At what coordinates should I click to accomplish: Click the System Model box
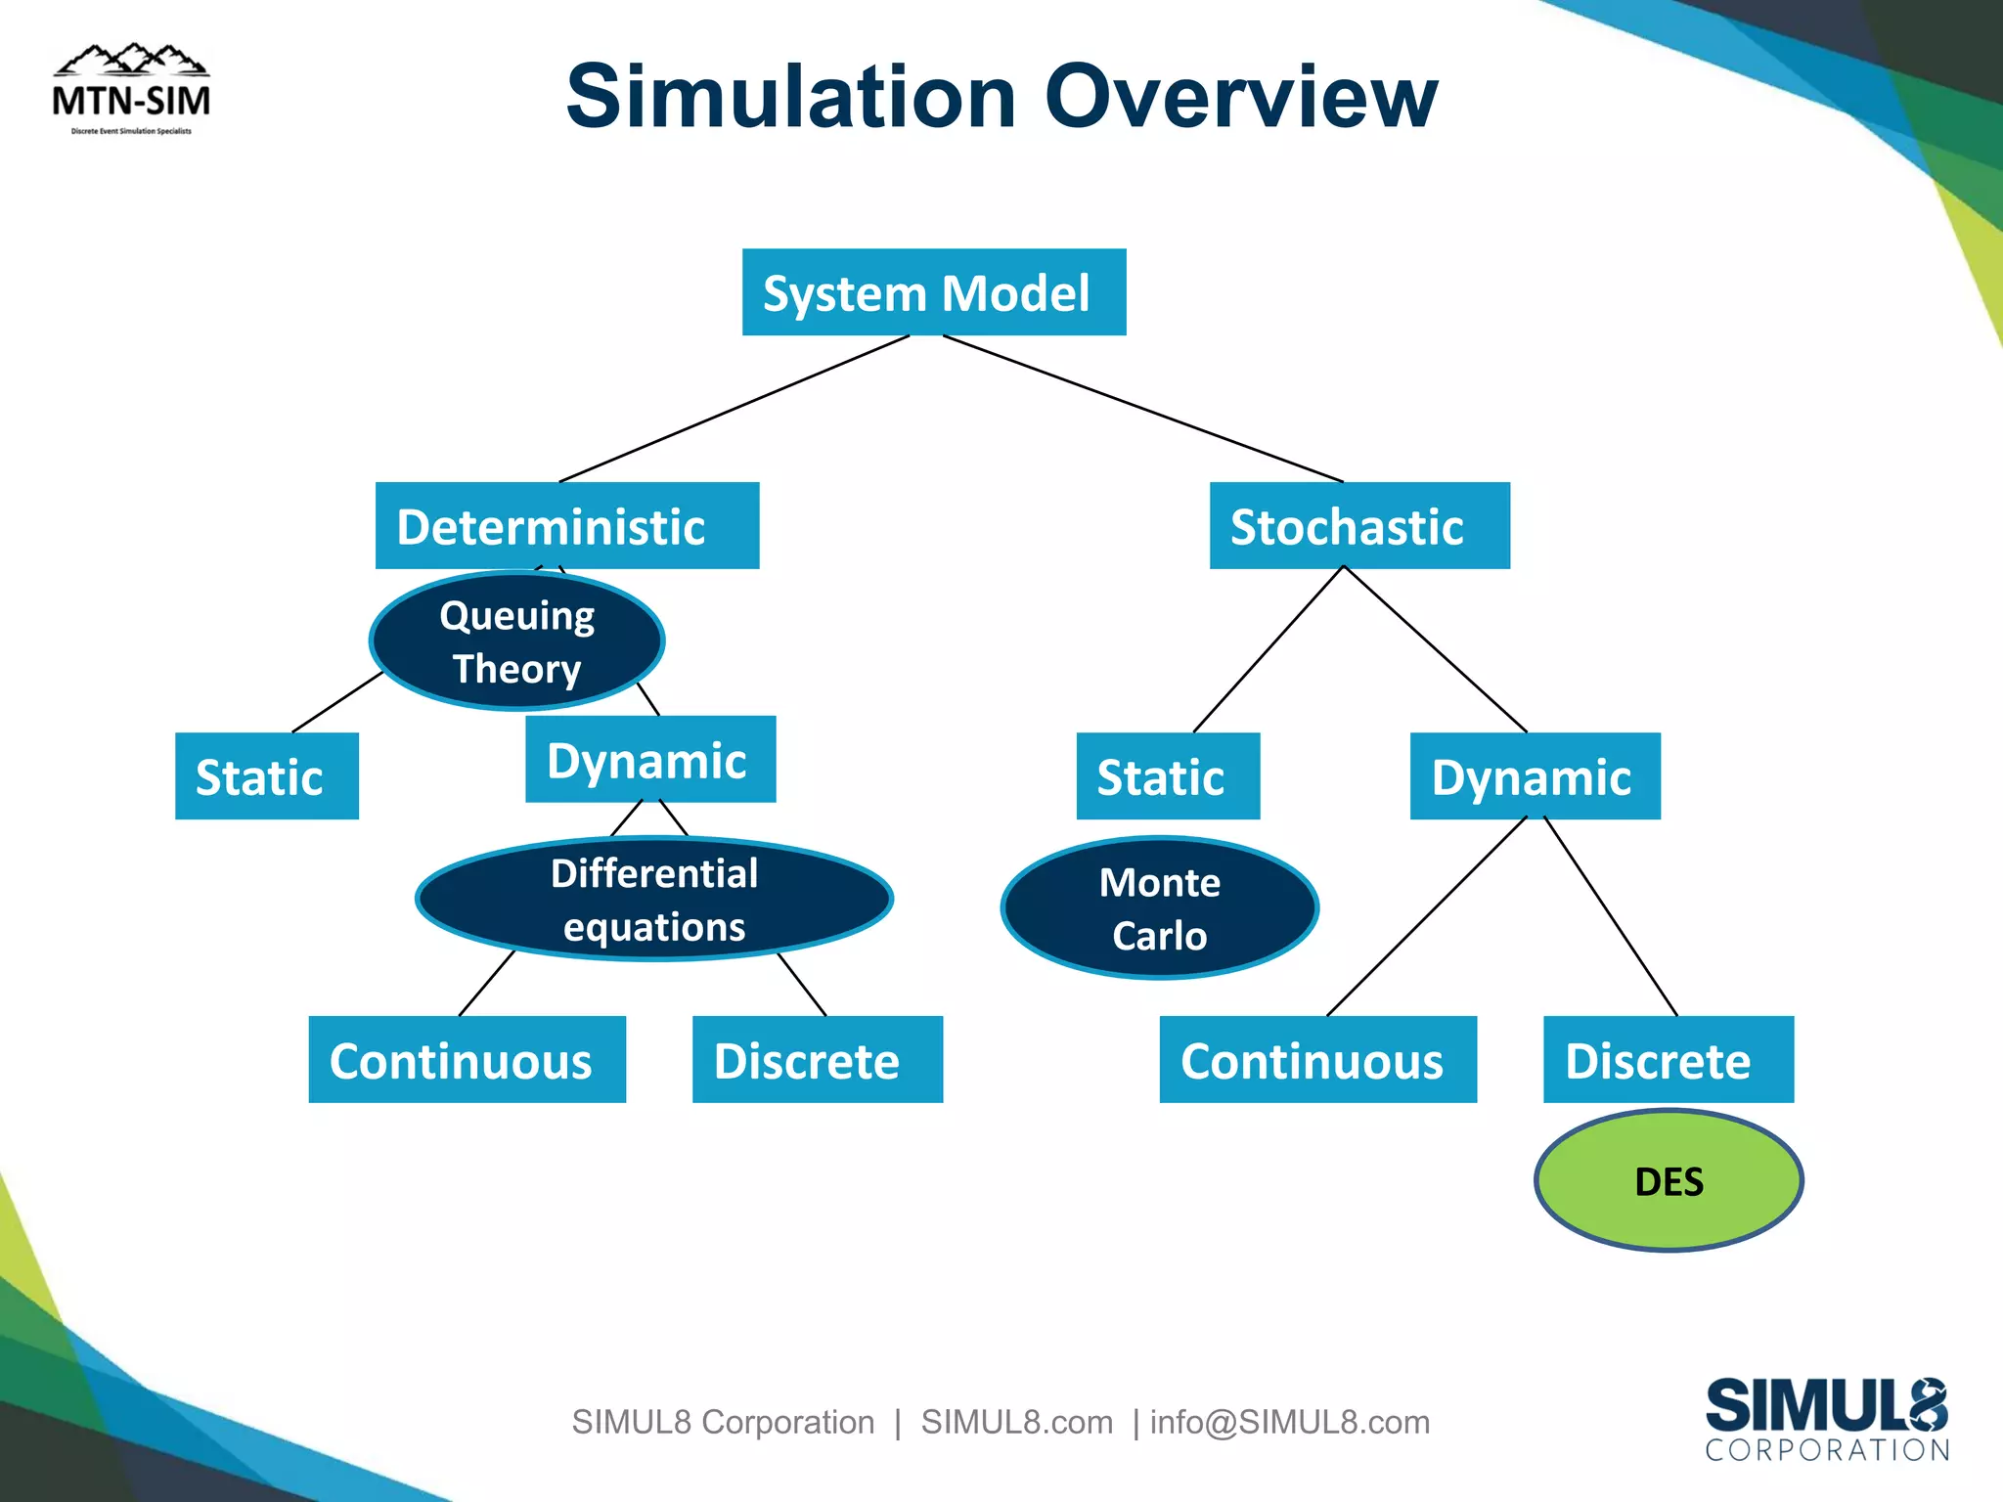point(933,292)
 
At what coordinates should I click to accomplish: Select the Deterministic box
point(566,525)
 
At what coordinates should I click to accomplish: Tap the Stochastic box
point(1358,525)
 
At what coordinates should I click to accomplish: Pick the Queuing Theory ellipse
point(516,641)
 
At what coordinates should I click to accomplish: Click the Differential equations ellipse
point(653,899)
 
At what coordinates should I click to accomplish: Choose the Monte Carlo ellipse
point(1159,907)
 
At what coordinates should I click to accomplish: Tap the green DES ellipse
point(1669,1180)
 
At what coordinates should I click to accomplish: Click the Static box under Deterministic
point(266,775)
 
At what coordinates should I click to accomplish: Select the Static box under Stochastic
point(1167,775)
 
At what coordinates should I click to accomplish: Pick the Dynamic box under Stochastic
point(1535,775)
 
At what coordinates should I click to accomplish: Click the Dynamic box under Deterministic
point(650,759)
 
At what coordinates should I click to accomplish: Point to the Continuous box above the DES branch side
point(1317,1059)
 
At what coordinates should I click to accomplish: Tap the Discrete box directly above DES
point(1668,1059)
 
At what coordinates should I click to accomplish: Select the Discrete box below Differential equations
point(817,1059)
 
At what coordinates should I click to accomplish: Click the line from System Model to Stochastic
point(1142,409)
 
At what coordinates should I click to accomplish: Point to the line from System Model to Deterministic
point(734,409)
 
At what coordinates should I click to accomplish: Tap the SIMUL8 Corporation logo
point(1826,1419)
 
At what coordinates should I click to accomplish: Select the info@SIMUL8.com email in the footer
point(1289,1422)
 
